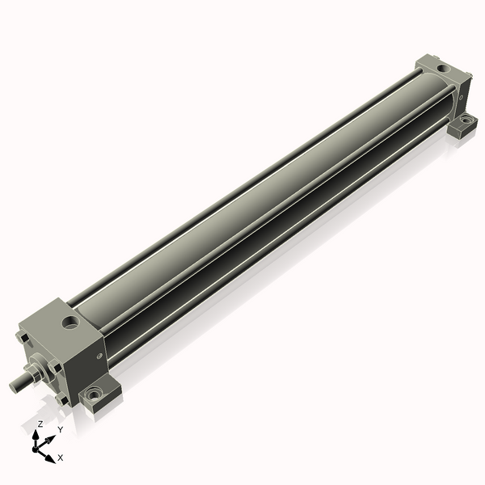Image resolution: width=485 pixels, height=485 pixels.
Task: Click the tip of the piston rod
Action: coord(14,387)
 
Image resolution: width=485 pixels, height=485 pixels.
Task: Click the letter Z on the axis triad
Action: coord(40,424)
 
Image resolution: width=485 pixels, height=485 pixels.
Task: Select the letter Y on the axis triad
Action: coord(60,430)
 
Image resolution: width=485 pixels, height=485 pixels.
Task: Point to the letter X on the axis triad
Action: coord(60,458)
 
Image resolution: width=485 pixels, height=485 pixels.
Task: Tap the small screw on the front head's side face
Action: coord(100,353)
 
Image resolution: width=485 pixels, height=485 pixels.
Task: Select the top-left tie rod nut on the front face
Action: coord(23,333)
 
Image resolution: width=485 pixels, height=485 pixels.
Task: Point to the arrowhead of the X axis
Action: coord(50,458)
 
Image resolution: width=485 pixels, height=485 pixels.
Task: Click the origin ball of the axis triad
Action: coord(38,447)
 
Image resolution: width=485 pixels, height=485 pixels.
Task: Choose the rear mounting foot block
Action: coord(463,124)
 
